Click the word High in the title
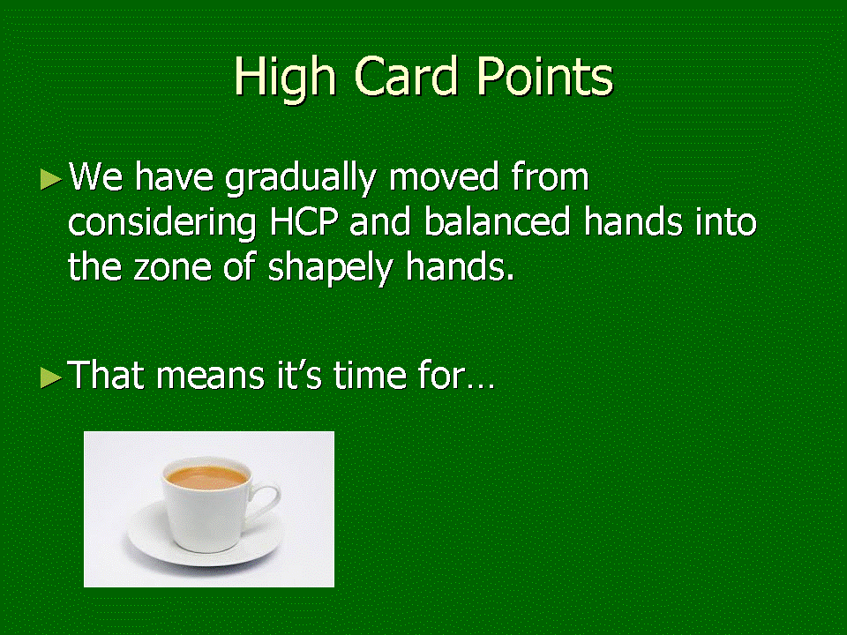point(285,78)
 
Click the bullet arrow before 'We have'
point(51,179)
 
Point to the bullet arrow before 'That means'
point(51,377)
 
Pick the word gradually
point(300,179)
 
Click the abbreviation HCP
point(304,222)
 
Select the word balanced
point(497,222)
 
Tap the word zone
point(172,268)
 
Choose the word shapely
point(330,269)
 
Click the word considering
point(161,223)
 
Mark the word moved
point(443,177)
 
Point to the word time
point(370,375)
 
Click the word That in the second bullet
point(105,375)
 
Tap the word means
point(211,377)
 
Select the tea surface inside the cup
point(206,477)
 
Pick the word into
point(725,222)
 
